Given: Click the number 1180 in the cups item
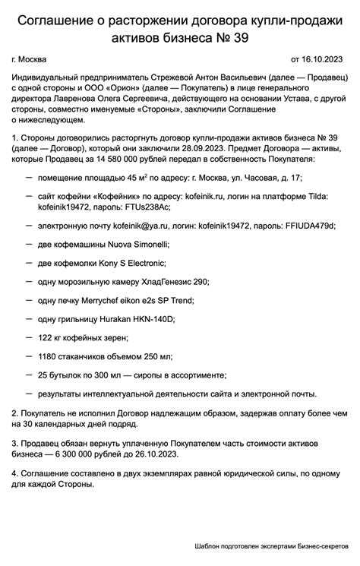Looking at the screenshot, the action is pyautogui.click(x=48, y=356).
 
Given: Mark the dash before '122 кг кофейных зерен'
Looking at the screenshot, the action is pyautogui.click(x=29, y=337).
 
